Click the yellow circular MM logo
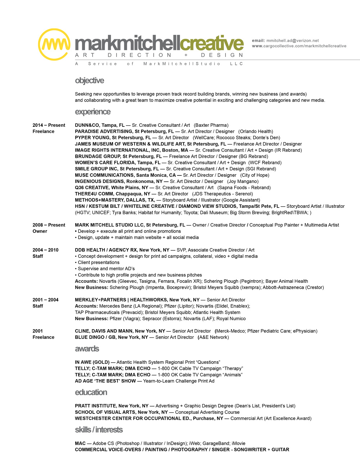[54, 44]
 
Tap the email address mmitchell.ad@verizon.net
[292, 41]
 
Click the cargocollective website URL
[299, 46]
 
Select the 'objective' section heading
[89, 81]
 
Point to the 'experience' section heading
[93, 112]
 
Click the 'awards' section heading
[87, 349]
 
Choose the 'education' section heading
[91, 392]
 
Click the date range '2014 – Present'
[49, 125]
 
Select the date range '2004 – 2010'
[45, 250]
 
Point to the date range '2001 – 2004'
[45, 300]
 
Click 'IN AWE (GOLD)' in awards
[92, 362]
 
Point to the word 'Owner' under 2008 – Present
[40, 231]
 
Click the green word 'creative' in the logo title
[212, 44]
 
